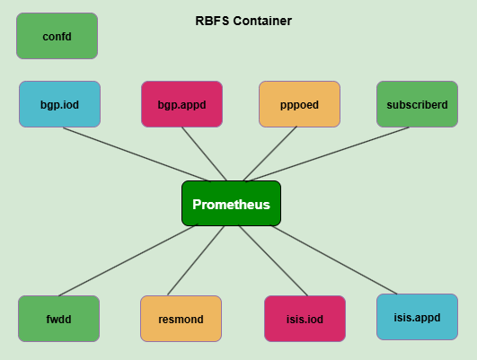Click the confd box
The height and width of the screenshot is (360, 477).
click(57, 36)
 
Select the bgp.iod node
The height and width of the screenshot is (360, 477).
click(59, 104)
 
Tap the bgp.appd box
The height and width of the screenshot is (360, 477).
click(181, 104)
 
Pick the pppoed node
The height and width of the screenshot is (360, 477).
click(299, 104)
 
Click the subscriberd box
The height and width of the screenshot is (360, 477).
click(417, 104)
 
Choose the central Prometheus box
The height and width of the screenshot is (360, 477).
click(231, 204)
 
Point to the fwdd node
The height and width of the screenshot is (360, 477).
click(58, 319)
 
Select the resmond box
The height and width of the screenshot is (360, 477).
click(181, 319)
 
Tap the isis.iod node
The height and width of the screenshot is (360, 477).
click(305, 319)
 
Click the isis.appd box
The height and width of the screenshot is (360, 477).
click(417, 316)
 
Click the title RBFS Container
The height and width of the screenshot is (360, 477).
click(243, 21)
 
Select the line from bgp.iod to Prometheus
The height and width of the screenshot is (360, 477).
click(135, 154)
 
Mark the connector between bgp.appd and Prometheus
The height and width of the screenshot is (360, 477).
click(205, 153)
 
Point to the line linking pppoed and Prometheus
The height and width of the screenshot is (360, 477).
click(269, 154)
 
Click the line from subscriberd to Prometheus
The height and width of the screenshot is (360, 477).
click(334, 153)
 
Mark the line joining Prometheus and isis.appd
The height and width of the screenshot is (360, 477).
click(334, 259)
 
